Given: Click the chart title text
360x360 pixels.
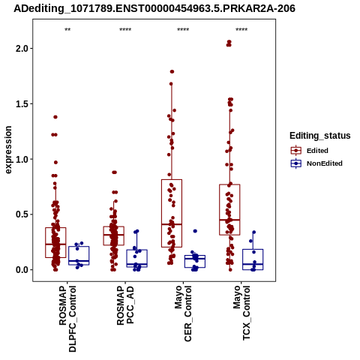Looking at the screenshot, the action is tap(154, 9).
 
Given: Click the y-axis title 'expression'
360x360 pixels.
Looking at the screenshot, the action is tap(8, 150).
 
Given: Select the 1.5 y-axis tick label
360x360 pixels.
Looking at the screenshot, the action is tap(22, 104).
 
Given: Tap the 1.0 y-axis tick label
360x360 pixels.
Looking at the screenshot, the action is tap(22, 159).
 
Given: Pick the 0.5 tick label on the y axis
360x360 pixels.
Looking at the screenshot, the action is tap(22, 214).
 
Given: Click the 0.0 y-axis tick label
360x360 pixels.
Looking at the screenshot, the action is tap(22, 270).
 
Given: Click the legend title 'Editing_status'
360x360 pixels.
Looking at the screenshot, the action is tap(320, 136).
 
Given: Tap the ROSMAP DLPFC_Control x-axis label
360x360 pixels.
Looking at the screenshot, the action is tap(67, 319).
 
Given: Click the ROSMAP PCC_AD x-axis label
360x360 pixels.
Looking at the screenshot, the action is tap(125, 305).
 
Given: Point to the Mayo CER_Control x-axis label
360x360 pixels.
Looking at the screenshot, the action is tap(183, 313).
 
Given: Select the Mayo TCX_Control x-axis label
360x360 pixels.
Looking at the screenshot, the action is tap(241, 313).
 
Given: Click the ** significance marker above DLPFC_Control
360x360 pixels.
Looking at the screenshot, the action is tap(67, 30).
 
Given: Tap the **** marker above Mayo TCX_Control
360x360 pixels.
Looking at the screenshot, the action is tap(241, 30).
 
